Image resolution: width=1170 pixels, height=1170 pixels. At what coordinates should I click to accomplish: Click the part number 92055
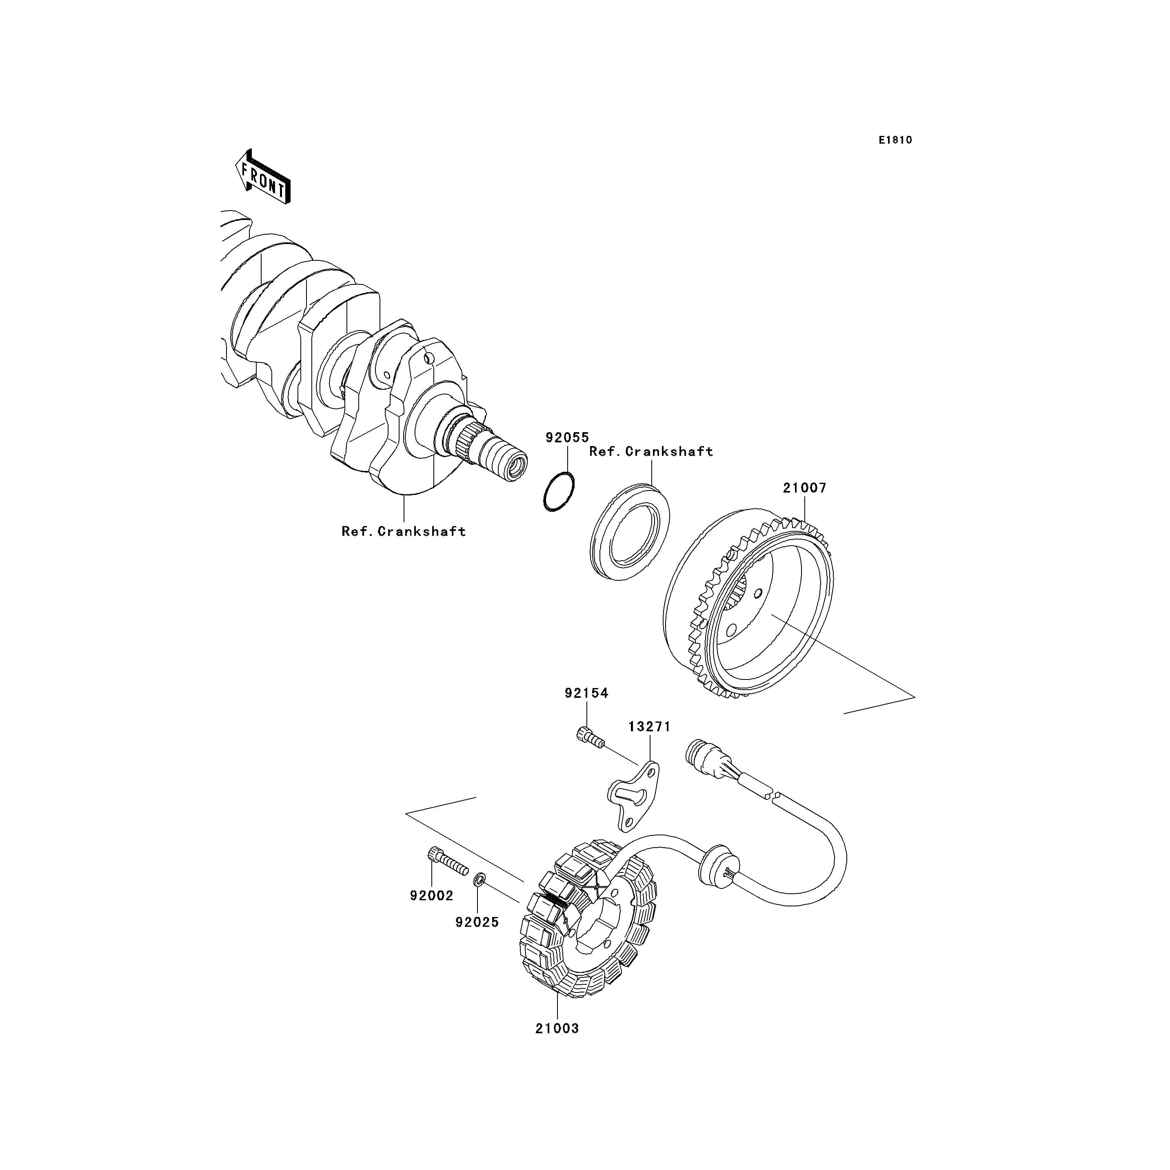[567, 437]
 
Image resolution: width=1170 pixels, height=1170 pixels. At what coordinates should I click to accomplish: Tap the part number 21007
[804, 488]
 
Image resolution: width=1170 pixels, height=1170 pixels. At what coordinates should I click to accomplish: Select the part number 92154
[586, 693]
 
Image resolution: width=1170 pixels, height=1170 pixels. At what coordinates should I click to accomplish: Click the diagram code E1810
[896, 140]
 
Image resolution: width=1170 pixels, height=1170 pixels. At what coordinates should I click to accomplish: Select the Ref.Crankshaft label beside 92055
[651, 452]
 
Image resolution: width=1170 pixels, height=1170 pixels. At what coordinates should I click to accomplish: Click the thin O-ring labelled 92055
[558, 492]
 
